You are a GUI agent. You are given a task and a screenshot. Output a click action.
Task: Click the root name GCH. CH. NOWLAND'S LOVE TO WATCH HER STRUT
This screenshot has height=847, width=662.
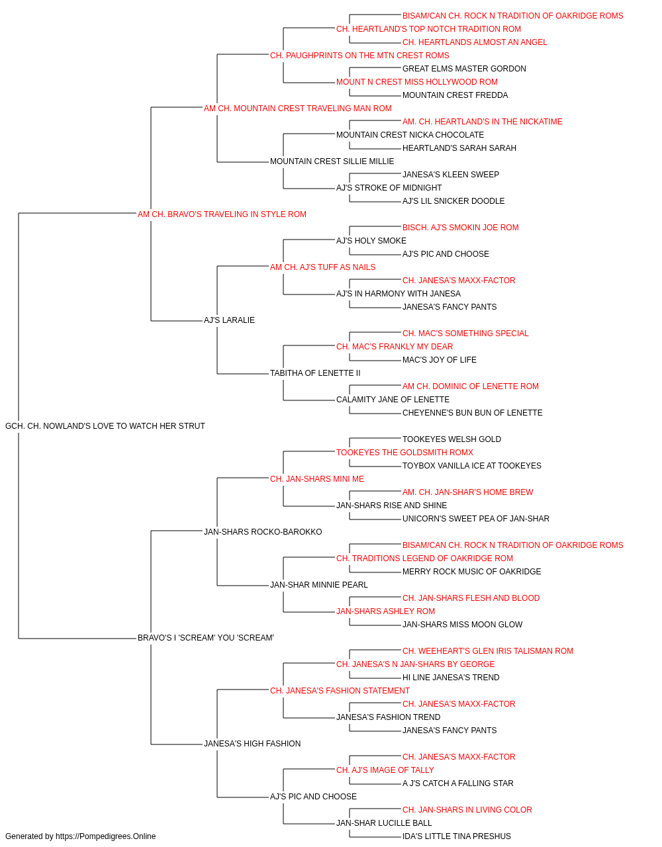tap(105, 426)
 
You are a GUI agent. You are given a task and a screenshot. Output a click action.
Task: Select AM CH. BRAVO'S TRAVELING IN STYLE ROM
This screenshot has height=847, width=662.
tap(222, 214)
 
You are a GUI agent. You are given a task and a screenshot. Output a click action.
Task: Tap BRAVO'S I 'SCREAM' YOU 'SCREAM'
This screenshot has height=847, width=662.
tap(205, 638)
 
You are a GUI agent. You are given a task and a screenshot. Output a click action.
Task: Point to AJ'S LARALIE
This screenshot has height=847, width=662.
tap(229, 320)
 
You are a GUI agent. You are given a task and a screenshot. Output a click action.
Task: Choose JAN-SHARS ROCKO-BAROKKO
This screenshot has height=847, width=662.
tap(263, 532)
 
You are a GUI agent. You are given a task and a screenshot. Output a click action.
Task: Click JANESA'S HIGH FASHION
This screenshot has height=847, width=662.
tap(252, 744)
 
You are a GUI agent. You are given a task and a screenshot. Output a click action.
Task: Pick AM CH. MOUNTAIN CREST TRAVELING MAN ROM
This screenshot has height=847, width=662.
tap(297, 109)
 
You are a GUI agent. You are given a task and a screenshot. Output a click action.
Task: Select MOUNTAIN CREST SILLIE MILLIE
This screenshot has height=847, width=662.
tap(332, 161)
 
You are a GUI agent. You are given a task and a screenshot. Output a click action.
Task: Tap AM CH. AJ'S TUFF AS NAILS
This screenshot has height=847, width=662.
tap(322, 267)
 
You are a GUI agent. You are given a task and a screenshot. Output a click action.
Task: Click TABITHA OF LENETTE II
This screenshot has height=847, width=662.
tap(315, 373)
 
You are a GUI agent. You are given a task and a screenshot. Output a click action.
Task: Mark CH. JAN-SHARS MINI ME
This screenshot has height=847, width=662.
tap(316, 479)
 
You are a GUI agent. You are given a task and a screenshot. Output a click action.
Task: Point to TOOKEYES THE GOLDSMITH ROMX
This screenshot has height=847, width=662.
tap(404, 453)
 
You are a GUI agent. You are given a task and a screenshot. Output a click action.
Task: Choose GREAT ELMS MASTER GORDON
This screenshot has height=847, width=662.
tap(464, 69)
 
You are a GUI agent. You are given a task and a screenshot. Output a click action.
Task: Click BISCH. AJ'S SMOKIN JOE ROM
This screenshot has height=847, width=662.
tap(461, 228)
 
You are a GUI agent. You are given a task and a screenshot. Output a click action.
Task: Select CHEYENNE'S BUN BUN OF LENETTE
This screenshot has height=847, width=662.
tap(472, 413)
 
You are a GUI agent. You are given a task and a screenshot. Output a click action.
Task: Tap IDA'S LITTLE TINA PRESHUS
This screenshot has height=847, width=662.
tap(457, 836)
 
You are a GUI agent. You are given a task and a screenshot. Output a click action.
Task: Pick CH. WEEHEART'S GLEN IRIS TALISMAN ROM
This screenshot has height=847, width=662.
tap(488, 651)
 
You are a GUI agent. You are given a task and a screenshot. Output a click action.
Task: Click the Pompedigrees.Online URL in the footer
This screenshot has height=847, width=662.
tap(105, 836)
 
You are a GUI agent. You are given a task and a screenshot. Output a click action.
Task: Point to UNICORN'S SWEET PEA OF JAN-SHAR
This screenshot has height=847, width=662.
tap(475, 519)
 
